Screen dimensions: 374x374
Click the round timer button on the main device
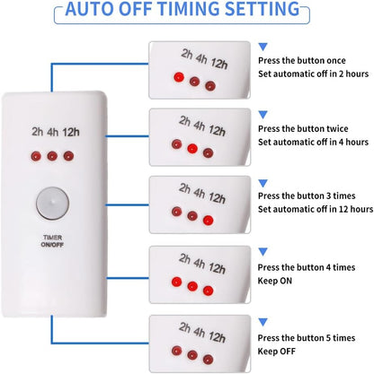pyautogui.click(x=51, y=203)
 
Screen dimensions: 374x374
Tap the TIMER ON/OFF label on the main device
pyautogui.click(x=51, y=240)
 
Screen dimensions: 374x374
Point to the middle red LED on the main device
pyautogui.click(x=52, y=155)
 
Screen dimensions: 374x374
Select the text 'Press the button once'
pyautogui.click(x=299, y=60)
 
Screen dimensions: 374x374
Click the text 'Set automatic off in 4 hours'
pyautogui.click(x=312, y=142)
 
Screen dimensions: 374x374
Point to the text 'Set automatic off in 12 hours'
pyautogui.click(x=315, y=209)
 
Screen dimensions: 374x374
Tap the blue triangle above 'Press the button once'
pyautogui.click(x=263, y=43)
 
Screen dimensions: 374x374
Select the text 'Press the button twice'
pyautogui.click(x=300, y=127)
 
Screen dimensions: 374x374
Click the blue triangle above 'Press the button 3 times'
pyautogui.click(x=263, y=180)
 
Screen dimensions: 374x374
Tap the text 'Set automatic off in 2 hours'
pyautogui.click(x=312, y=74)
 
